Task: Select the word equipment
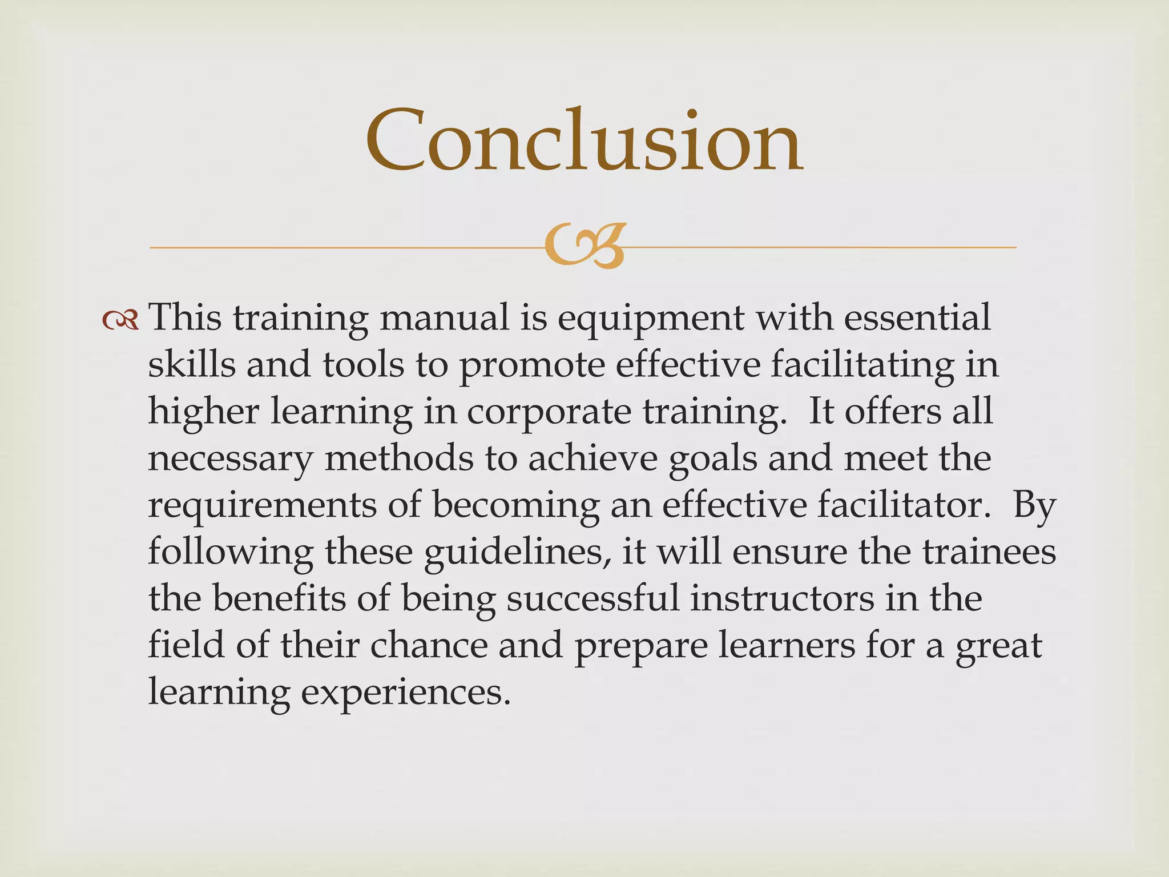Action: tap(651, 319)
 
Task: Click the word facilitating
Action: tap(862, 364)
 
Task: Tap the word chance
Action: tap(429, 646)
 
